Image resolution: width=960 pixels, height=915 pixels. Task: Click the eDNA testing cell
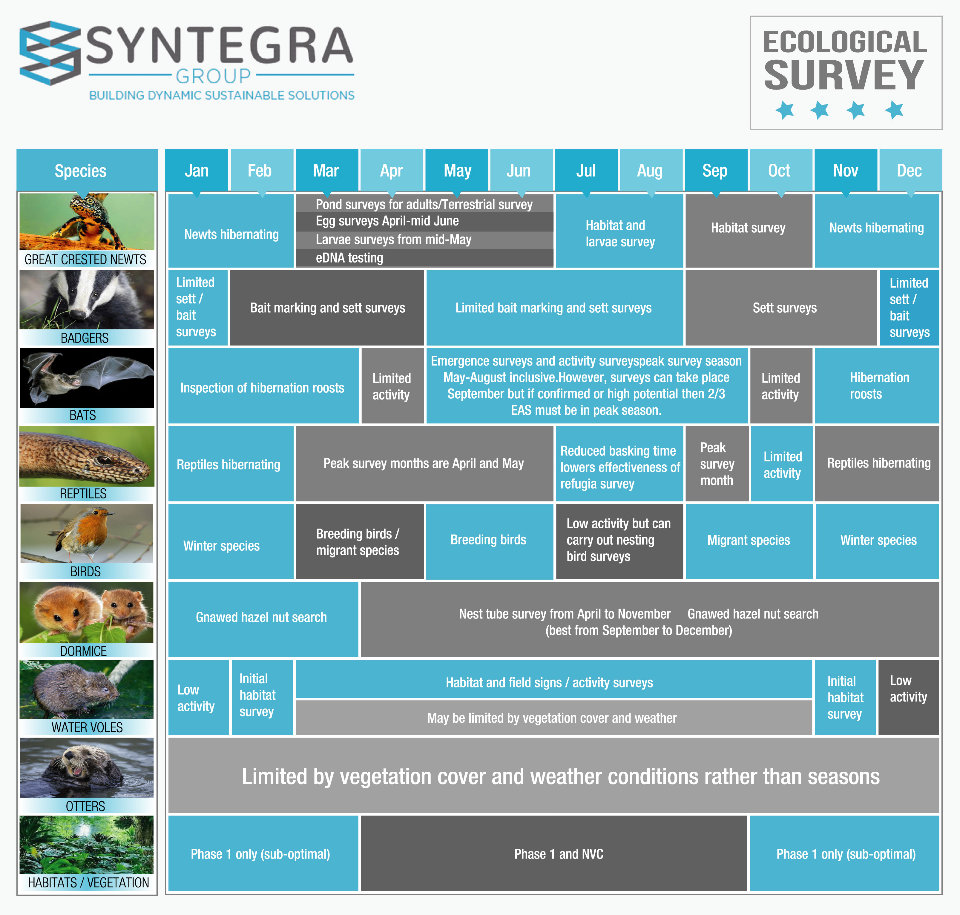(424, 258)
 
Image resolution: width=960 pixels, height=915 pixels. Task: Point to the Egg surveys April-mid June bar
(424, 222)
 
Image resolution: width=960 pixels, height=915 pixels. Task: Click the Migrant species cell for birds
(749, 541)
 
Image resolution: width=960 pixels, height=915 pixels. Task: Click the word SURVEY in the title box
(844, 76)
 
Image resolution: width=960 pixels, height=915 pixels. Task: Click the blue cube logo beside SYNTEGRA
(49, 53)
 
